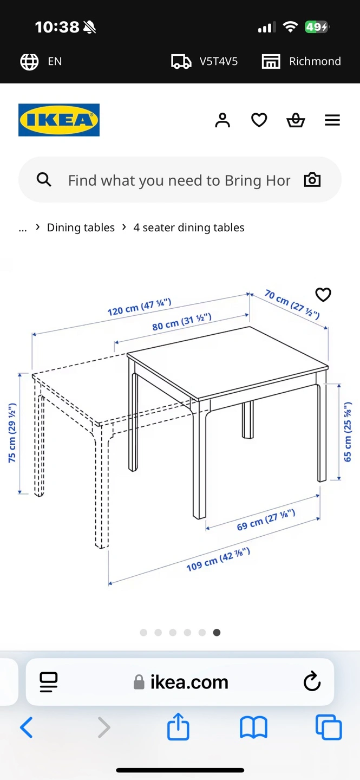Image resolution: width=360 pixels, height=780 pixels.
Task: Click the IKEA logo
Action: [59, 120]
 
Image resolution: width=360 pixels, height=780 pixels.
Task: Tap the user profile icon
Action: [222, 120]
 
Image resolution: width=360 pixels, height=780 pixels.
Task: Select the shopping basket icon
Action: [296, 120]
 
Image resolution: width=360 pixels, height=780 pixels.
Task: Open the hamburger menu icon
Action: [332, 120]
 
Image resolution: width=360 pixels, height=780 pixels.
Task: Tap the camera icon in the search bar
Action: [312, 180]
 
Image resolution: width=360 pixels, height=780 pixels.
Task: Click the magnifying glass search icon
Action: [44, 180]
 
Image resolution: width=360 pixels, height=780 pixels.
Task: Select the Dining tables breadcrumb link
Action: [81, 227]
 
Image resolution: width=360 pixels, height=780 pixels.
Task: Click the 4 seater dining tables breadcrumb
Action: [189, 227]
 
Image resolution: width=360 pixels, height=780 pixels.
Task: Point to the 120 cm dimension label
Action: [139, 307]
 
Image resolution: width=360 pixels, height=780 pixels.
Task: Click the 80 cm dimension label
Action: [182, 322]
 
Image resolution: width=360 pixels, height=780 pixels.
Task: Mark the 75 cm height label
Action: [12, 433]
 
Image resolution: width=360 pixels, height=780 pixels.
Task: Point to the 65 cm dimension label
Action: [348, 432]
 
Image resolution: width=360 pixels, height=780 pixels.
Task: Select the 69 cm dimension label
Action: [266, 520]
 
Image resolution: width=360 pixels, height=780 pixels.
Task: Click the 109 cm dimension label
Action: [218, 560]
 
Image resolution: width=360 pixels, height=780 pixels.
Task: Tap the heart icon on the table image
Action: [323, 295]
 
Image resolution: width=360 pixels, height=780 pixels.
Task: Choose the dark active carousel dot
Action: [217, 632]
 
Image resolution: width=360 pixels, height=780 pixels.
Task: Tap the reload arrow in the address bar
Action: [312, 681]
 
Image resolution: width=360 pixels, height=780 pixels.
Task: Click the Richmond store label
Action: [315, 61]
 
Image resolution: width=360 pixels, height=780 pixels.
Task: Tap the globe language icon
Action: [29, 62]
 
